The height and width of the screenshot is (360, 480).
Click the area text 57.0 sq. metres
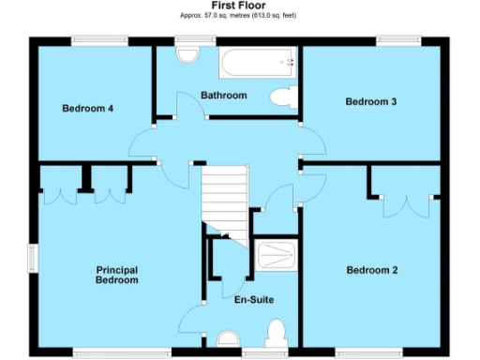(x=211, y=16)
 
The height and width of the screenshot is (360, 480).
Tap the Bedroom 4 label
(x=88, y=109)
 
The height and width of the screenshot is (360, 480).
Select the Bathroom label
(x=224, y=96)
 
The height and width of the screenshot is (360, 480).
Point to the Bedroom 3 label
(x=371, y=101)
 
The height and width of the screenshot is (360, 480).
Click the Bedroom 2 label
(x=372, y=270)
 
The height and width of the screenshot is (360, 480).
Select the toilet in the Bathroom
(x=282, y=96)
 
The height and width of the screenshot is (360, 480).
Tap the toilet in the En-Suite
(x=276, y=334)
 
